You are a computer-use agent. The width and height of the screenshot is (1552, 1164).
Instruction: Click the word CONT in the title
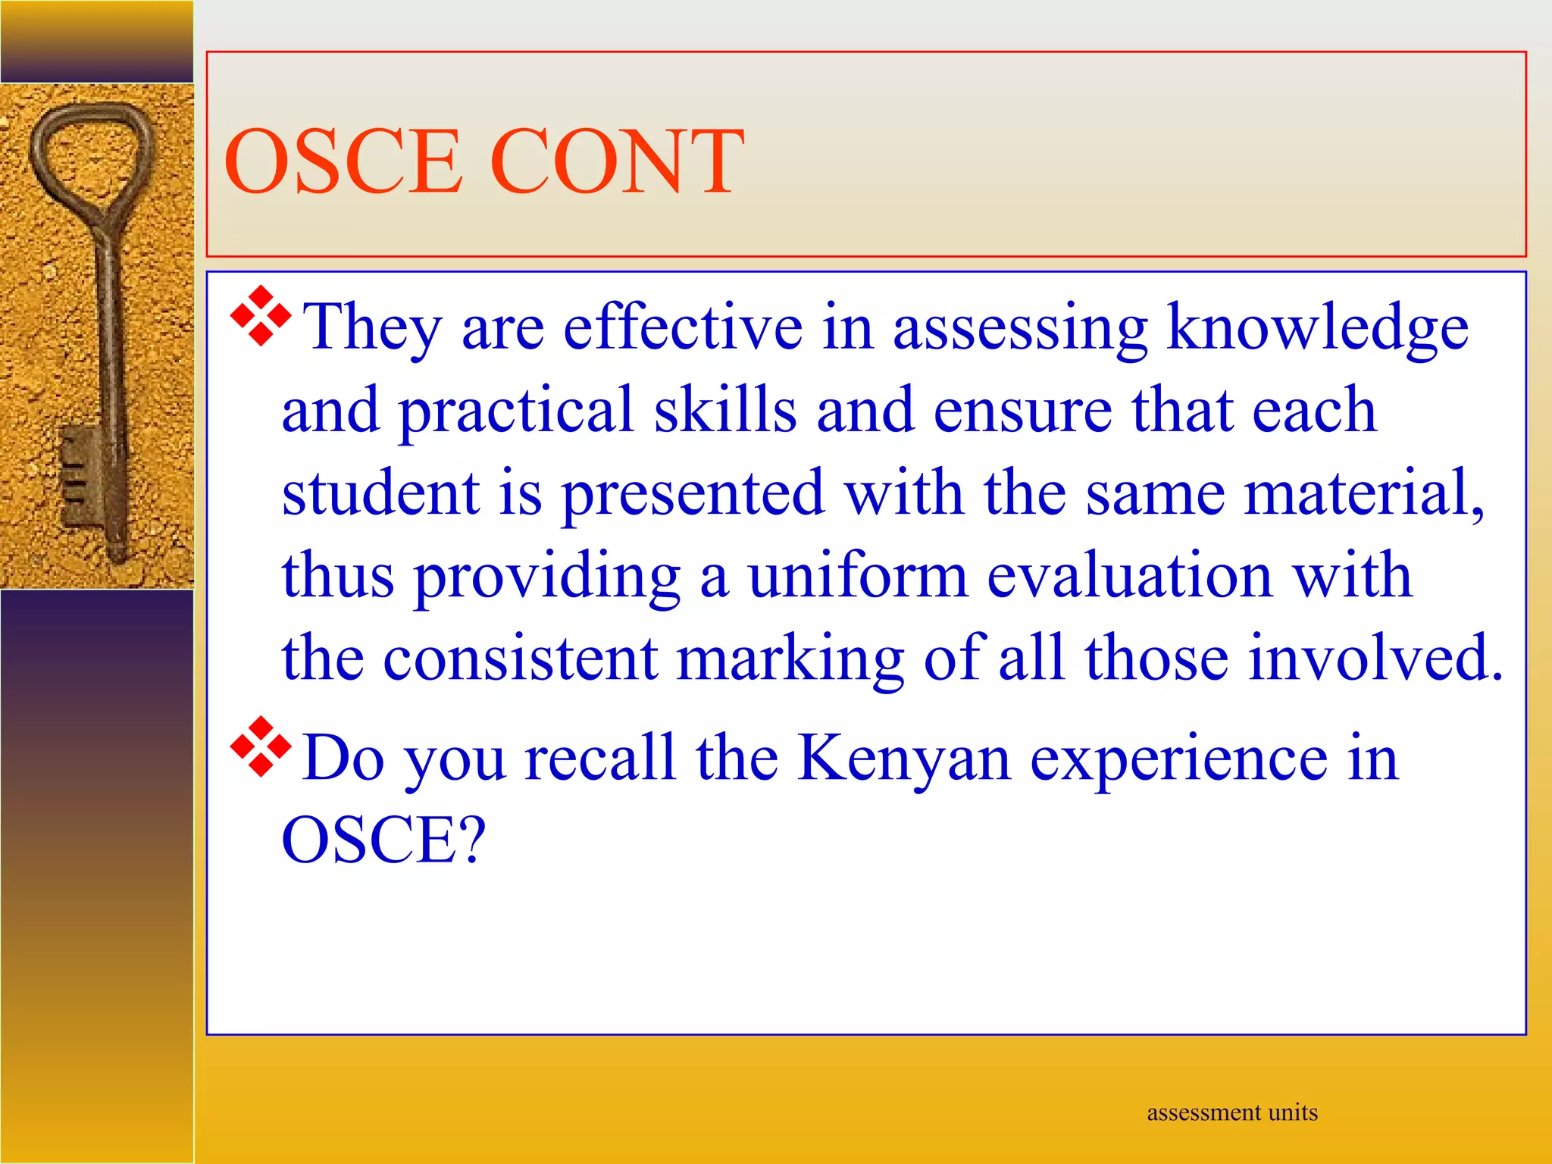(x=617, y=161)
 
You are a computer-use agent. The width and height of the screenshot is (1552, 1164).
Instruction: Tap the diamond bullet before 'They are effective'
(x=260, y=317)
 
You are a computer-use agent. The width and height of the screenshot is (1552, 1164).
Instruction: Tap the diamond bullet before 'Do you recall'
(x=260, y=746)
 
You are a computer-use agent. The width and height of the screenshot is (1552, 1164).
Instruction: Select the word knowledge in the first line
(x=1317, y=327)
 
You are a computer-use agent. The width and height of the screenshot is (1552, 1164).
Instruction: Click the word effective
(x=683, y=327)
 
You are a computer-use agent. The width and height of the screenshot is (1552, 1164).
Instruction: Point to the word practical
(x=515, y=411)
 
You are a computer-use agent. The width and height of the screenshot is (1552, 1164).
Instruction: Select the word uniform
(x=858, y=576)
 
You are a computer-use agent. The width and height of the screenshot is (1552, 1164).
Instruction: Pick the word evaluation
(x=1129, y=576)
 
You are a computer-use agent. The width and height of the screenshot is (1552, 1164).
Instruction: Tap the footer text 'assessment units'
(x=1232, y=1112)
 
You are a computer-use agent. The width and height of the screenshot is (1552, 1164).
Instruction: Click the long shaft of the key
(x=110, y=341)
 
